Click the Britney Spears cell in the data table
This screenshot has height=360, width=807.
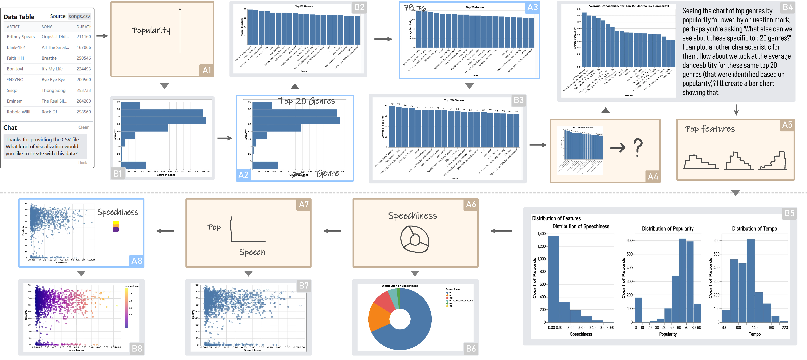pyautogui.click(x=21, y=37)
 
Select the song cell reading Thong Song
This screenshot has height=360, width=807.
pyautogui.click(x=54, y=90)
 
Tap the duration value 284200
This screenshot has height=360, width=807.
pyautogui.click(x=84, y=101)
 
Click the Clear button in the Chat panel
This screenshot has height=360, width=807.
pyautogui.click(x=83, y=127)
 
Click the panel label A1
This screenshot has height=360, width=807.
pyautogui.click(x=207, y=70)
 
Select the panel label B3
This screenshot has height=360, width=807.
pyautogui.click(x=518, y=100)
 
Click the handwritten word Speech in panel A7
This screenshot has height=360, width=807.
pyautogui.click(x=252, y=252)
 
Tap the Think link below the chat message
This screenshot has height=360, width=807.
pyautogui.click(x=82, y=162)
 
